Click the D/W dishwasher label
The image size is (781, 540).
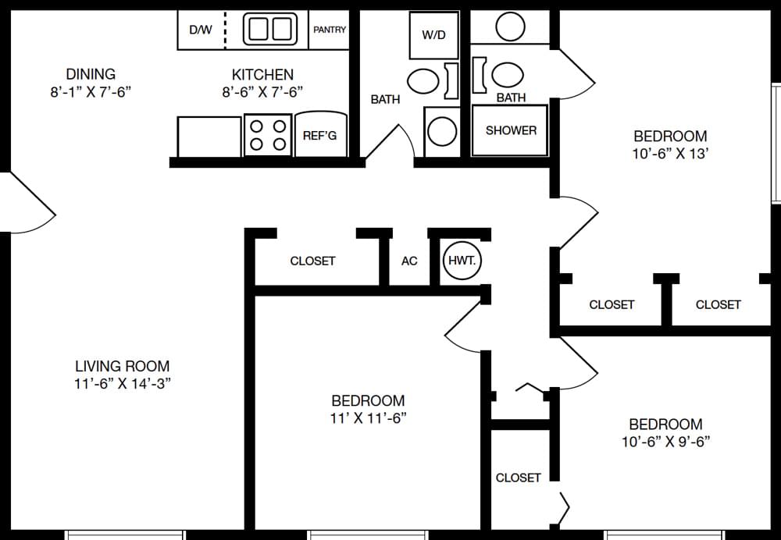click(200, 30)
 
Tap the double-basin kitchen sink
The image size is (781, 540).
click(270, 30)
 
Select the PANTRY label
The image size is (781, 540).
click(330, 30)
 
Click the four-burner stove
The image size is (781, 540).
click(267, 134)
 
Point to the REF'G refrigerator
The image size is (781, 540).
click(320, 135)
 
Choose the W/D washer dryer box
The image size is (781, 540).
click(433, 35)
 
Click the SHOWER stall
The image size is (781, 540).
click(511, 130)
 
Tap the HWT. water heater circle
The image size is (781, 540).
click(462, 261)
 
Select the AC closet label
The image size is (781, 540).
click(409, 261)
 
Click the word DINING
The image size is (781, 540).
click(91, 74)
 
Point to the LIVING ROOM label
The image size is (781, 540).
click(122, 366)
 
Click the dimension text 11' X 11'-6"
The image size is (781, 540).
click(368, 417)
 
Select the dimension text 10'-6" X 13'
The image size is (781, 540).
click(670, 154)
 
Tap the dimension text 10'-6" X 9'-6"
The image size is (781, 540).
click(665, 442)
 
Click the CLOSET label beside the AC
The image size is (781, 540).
click(312, 261)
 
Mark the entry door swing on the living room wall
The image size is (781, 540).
click(27, 204)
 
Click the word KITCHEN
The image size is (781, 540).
click(262, 74)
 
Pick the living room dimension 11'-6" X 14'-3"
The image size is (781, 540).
click(122, 383)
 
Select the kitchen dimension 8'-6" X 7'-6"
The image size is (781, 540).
click(262, 91)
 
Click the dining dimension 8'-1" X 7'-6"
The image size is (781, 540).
click(91, 91)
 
